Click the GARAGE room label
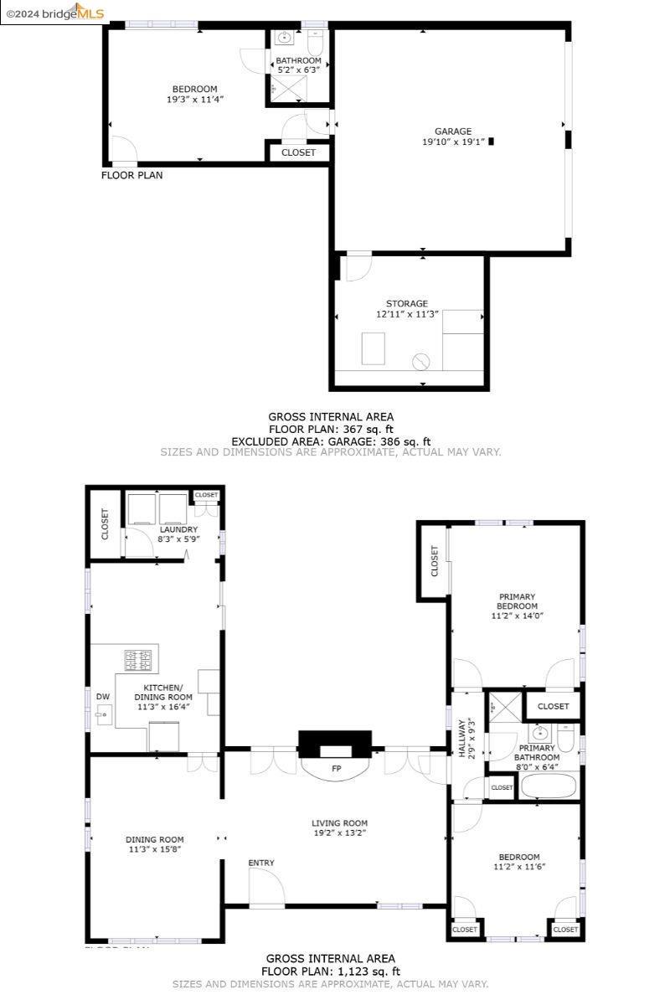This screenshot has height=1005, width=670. click(x=452, y=131)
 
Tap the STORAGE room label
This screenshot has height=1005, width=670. click(x=407, y=303)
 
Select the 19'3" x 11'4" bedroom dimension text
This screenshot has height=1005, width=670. click(x=194, y=100)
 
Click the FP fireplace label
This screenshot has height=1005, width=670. click(x=336, y=768)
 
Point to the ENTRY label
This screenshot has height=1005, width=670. click(x=261, y=863)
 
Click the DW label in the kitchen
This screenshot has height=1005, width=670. click(x=102, y=697)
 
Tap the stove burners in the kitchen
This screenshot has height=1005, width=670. click(x=140, y=660)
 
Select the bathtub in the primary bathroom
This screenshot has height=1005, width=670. click(x=549, y=786)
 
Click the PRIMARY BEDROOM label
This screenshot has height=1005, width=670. click(x=517, y=601)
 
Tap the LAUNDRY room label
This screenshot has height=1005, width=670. click(x=179, y=529)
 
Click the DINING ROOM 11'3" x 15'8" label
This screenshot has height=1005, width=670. click(x=154, y=844)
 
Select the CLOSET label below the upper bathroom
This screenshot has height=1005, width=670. click(x=299, y=152)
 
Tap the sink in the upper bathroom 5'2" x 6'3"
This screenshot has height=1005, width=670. click(x=284, y=38)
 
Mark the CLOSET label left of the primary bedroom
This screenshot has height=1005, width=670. click(x=434, y=560)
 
